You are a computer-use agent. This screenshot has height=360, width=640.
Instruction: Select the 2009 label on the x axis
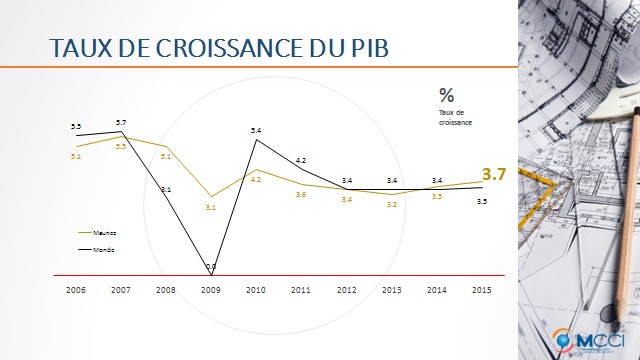click(x=210, y=290)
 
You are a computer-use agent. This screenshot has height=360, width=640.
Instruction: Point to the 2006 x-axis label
click(x=76, y=290)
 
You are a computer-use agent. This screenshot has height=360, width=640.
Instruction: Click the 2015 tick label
click(x=480, y=290)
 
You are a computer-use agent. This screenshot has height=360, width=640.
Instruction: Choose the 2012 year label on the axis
click(x=346, y=290)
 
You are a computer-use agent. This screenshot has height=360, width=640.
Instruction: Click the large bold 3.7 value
click(x=497, y=174)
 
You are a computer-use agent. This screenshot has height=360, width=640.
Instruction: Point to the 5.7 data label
click(x=121, y=122)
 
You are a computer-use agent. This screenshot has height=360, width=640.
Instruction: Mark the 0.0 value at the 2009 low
click(x=210, y=266)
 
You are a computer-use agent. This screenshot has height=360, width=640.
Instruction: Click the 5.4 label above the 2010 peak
click(x=256, y=131)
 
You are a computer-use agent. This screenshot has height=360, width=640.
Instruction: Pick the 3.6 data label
click(x=300, y=194)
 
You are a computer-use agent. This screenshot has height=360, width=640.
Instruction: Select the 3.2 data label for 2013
click(x=391, y=204)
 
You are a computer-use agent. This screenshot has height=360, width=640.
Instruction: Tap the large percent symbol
click(x=446, y=95)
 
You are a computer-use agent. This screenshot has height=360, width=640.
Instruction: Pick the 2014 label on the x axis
click(x=436, y=290)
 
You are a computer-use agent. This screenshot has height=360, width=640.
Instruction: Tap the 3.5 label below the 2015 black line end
click(x=482, y=202)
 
